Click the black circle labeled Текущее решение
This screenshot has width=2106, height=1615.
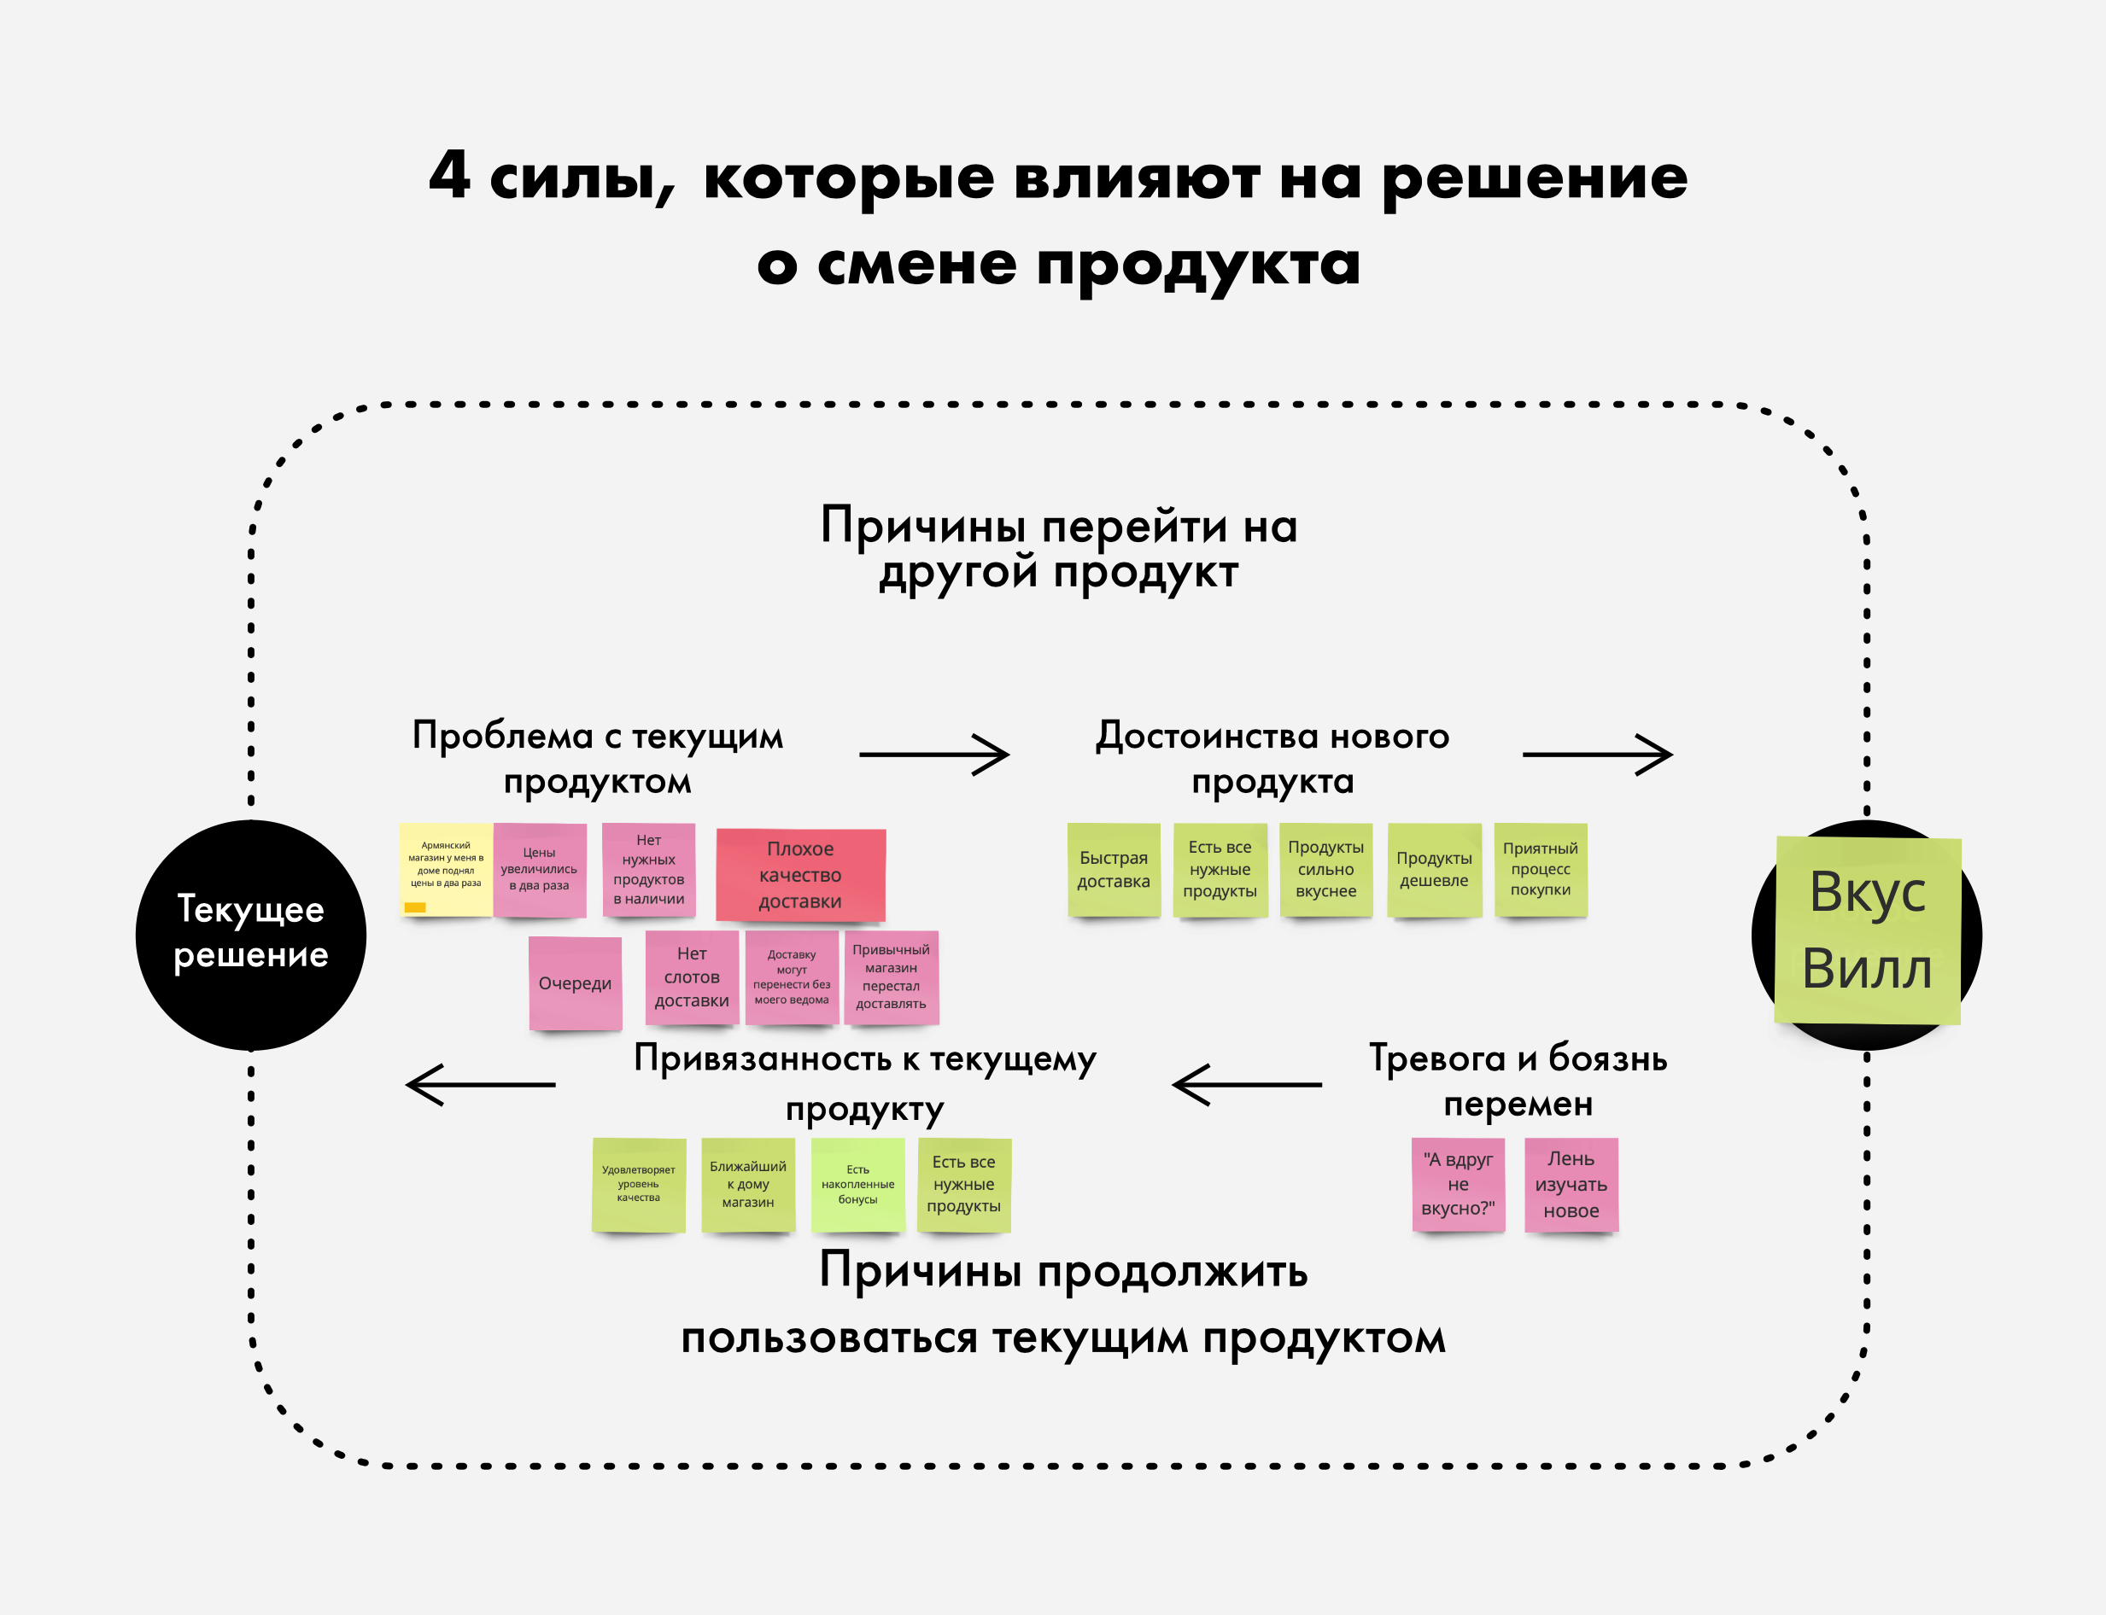(x=250, y=935)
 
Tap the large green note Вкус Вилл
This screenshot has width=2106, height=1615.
(x=1868, y=930)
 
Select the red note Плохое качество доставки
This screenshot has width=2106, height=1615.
(x=800, y=875)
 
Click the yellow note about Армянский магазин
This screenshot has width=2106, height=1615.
(x=445, y=869)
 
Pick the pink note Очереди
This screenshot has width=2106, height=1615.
(x=575, y=982)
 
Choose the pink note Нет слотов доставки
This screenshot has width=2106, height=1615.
(x=692, y=977)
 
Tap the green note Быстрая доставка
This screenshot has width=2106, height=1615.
(x=1114, y=869)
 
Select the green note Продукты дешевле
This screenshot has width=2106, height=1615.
(x=1434, y=869)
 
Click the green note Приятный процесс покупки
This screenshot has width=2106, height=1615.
(x=1541, y=869)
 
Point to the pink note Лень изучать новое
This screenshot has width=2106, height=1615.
(x=1571, y=1184)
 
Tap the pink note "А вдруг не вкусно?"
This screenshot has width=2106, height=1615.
(x=1458, y=1184)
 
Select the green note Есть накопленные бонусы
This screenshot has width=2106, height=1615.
(x=857, y=1184)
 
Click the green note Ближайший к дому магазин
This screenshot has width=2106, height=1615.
(x=748, y=1184)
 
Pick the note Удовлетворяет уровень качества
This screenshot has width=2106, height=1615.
(x=639, y=1184)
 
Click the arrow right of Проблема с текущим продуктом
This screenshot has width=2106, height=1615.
(x=933, y=755)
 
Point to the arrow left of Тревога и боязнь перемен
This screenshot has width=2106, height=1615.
(x=1247, y=1084)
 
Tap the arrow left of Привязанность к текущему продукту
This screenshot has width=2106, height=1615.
(x=481, y=1084)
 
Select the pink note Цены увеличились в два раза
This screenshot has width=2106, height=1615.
(x=540, y=869)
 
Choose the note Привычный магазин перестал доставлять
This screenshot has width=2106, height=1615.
(x=891, y=977)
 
